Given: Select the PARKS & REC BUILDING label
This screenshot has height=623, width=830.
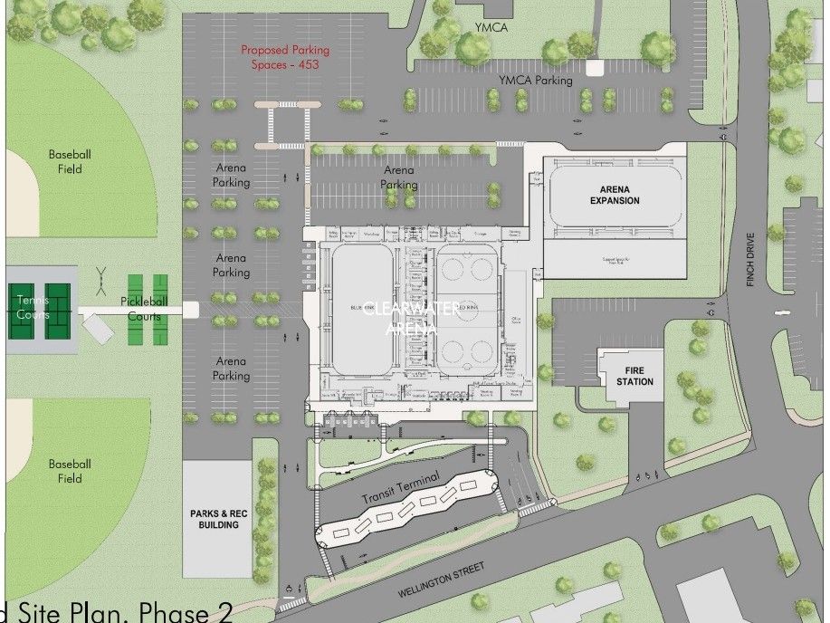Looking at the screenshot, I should click(215, 520).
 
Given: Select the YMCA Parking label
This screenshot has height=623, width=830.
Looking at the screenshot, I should click(536, 81).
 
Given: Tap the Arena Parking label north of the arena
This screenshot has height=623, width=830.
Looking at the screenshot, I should click(399, 177).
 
